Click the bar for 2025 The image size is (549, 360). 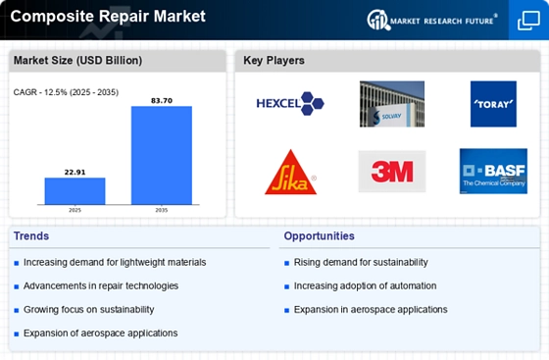[x=75, y=191]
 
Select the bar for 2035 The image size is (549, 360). [x=162, y=155]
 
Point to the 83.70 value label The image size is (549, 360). [x=162, y=101]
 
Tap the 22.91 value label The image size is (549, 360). [x=75, y=173]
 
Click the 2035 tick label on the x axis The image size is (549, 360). [x=162, y=210]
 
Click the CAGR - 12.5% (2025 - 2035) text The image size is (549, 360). [x=66, y=92]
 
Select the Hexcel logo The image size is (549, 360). [x=290, y=104]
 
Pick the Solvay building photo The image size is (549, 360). [x=392, y=104]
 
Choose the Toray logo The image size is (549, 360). [x=493, y=104]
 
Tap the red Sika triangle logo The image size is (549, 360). [x=290, y=173]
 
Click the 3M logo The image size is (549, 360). [x=392, y=172]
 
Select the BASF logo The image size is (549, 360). [x=493, y=172]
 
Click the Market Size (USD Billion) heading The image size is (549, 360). [x=77, y=60]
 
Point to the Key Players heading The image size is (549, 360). [x=274, y=60]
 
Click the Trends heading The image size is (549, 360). [x=31, y=236]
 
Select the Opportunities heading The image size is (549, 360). [x=319, y=236]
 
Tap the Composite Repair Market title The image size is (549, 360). [x=108, y=17]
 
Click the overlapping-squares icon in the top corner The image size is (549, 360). [x=528, y=21]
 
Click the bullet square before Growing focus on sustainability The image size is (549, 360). [x=17, y=310]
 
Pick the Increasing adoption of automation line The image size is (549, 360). [x=365, y=286]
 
